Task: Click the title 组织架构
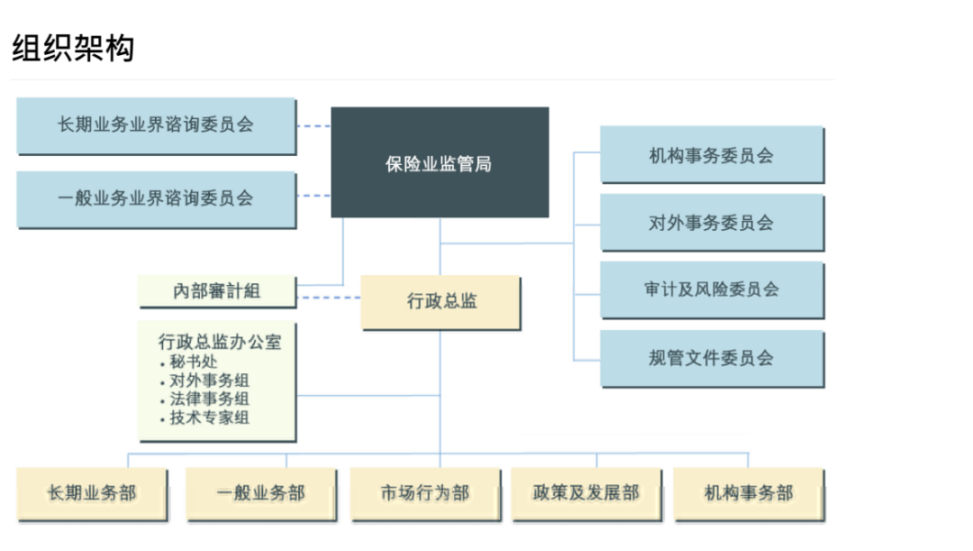[73, 48]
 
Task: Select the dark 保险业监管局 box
[440, 163]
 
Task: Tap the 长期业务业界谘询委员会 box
[156, 125]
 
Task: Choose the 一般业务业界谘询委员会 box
[156, 198]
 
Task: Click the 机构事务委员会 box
[712, 155]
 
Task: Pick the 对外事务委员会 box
[712, 222]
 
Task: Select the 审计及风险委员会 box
[712, 289]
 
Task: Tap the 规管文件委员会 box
[712, 358]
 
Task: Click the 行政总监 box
[441, 301]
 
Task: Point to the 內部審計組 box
[216, 290]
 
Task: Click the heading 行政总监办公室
[220, 343]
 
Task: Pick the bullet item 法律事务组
[209, 399]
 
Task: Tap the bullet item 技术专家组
[209, 418]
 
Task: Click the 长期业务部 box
[92, 493]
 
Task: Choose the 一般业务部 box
[261, 493]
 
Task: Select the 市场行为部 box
[424, 493]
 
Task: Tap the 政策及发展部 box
[586, 493]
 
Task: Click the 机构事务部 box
[749, 493]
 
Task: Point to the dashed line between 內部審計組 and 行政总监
[328, 297]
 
